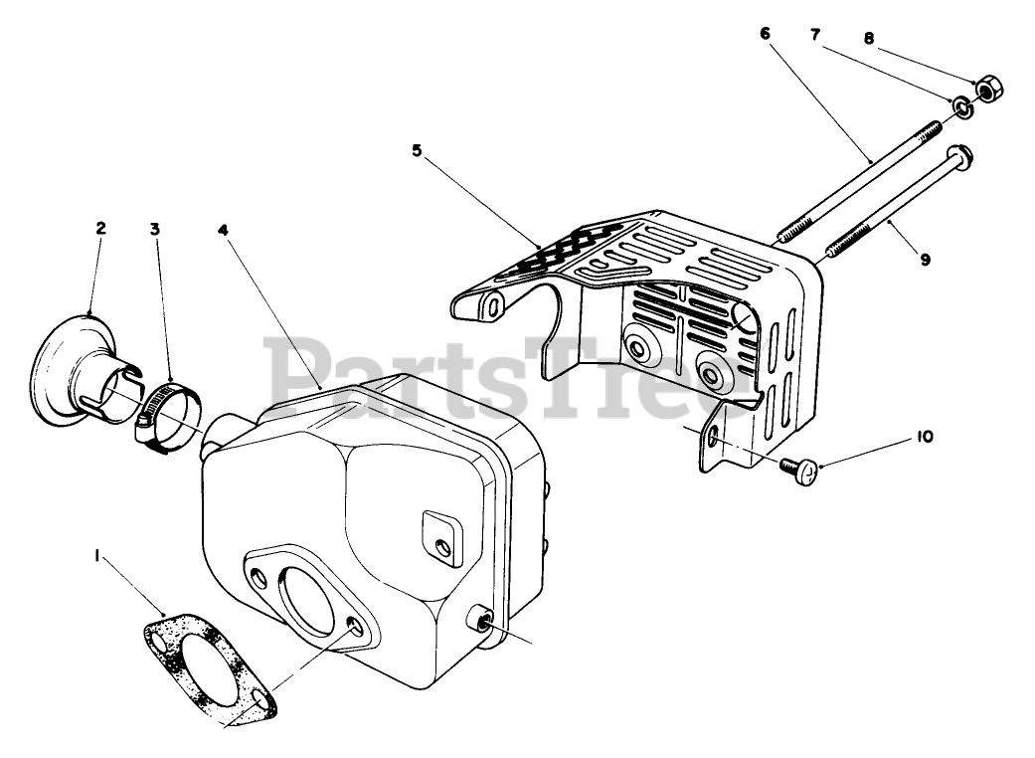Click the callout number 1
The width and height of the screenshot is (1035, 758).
click(x=97, y=558)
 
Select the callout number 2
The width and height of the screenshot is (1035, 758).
click(x=100, y=228)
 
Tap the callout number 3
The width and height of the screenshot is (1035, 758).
click(x=155, y=228)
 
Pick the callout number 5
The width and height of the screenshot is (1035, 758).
click(x=417, y=150)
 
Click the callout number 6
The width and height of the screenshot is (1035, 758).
click(x=765, y=33)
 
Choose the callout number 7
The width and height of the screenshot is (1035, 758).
click(x=815, y=35)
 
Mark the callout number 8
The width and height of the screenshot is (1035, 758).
click(x=868, y=40)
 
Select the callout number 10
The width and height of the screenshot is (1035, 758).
click(x=924, y=437)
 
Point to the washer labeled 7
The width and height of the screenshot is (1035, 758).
click(x=961, y=106)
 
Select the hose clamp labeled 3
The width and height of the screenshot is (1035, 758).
click(x=170, y=418)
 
